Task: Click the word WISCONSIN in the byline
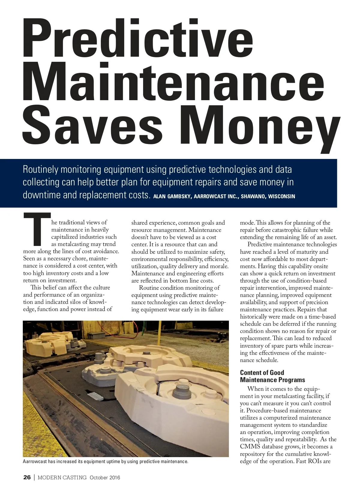[281, 197]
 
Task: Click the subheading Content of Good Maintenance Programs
[272, 376]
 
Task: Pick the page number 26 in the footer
[27, 478]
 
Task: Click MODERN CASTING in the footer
[62, 478]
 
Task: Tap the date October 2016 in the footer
[105, 478]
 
